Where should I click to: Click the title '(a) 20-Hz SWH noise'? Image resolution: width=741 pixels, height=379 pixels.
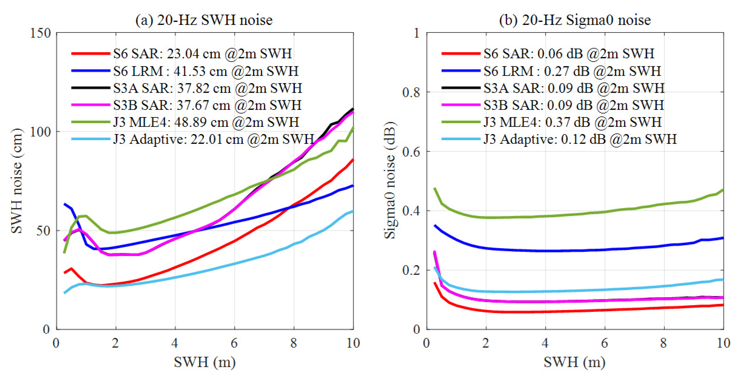click(x=204, y=20)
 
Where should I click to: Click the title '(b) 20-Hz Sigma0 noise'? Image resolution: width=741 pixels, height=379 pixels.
click(x=575, y=20)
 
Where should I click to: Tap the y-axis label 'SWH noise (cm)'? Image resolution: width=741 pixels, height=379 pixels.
click(x=17, y=181)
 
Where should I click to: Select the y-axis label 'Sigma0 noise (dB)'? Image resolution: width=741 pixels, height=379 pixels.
click(x=390, y=181)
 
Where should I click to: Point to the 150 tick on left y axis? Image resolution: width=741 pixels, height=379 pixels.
click(x=40, y=33)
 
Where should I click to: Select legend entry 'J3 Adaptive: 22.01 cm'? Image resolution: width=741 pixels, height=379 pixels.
click(x=213, y=139)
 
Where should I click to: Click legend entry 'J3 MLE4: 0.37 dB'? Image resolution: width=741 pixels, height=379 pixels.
click(x=572, y=122)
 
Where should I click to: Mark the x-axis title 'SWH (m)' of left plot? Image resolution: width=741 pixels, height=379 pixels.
click(x=204, y=362)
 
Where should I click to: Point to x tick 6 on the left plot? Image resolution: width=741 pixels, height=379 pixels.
click(x=234, y=343)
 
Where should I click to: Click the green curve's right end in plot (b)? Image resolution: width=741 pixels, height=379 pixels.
click(x=723, y=190)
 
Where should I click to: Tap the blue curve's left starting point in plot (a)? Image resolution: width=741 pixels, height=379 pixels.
click(x=65, y=204)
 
